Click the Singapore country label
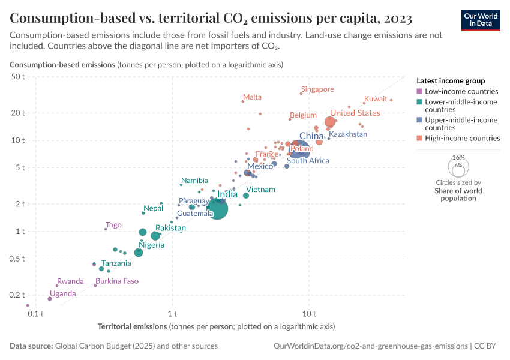(317, 89)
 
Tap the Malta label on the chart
(252, 97)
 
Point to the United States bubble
(330, 122)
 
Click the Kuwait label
(376, 98)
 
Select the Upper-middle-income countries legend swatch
(419, 120)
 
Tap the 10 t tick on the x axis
(310, 313)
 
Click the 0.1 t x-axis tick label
(36, 313)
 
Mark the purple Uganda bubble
(50, 298)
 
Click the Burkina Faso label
(117, 281)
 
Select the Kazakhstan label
(348, 134)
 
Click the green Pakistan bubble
(155, 236)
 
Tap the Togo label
(113, 225)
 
